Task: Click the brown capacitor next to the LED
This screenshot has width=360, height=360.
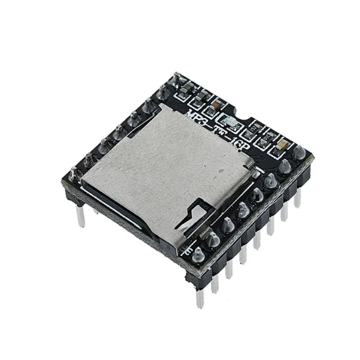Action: point(216,104)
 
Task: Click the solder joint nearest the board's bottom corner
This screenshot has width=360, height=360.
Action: point(197,257)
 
